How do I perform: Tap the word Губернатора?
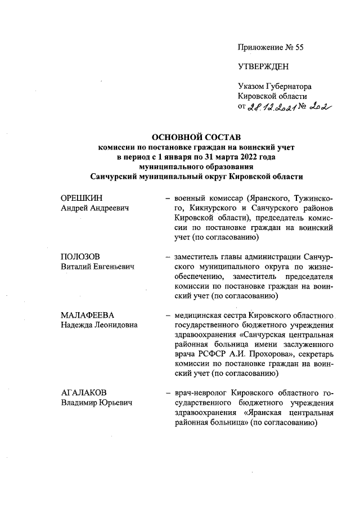tap(289, 86)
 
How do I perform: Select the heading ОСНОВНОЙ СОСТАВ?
tap(196, 137)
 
